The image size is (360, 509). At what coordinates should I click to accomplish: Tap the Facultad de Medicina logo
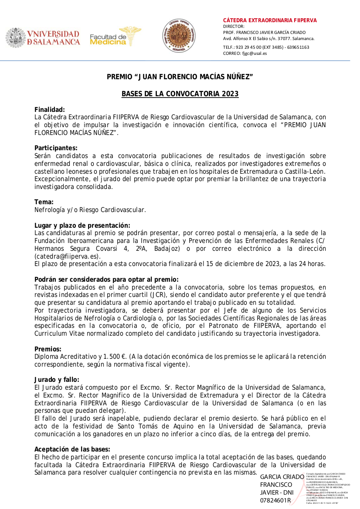coord(115,37)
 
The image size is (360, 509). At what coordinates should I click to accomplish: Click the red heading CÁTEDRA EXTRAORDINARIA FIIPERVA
coord(270,20)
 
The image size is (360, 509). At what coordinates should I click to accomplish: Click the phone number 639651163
coord(298,47)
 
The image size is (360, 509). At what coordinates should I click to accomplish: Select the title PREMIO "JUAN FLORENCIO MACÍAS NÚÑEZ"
coord(180,78)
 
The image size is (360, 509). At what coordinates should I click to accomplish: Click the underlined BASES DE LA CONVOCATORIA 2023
coord(180,94)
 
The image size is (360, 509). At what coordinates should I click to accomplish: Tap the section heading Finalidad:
coord(50,110)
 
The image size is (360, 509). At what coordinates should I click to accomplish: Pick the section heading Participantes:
coord(56,148)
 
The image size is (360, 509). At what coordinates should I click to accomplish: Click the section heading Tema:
coord(44,202)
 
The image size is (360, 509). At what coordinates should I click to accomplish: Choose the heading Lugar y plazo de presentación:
coord(82,225)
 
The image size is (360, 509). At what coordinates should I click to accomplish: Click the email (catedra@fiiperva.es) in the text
coord(68,256)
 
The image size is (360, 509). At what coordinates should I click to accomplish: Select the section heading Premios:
coord(48,349)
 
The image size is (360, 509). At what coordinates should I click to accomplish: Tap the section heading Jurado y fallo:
coord(57,380)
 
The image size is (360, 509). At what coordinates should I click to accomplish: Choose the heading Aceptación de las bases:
coord(72,449)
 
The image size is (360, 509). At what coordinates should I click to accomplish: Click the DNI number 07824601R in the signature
coord(275,500)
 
